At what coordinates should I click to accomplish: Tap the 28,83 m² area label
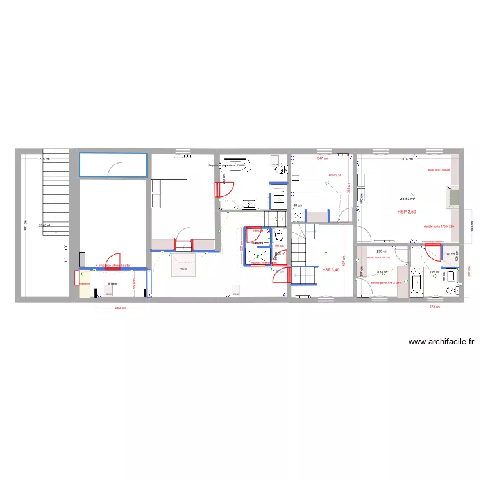pyautogui.click(x=408, y=199)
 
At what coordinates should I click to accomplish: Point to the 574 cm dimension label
pyautogui.click(x=407, y=158)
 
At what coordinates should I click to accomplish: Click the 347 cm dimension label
pyautogui.click(x=322, y=158)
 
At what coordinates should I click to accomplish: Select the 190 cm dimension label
pyautogui.click(x=472, y=228)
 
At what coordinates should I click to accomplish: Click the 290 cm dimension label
pyautogui.click(x=380, y=251)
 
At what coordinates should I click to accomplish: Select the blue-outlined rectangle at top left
pyautogui.click(x=113, y=165)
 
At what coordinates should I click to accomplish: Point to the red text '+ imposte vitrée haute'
pyautogui.click(x=112, y=264)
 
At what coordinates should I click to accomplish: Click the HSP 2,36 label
pyautogui.click(x=335, y=175)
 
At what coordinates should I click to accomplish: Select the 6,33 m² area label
pyautogui.click(x=381, y=271)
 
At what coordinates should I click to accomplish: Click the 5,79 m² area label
pyautogui.click(x=112, y=284)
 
